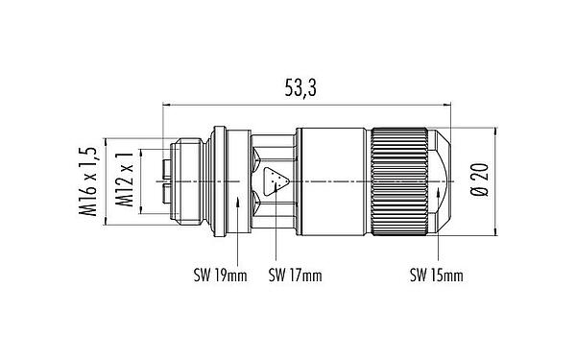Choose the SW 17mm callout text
pyautogui.click(x=294, y=276)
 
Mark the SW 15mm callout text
pyautogui.click(x=437, y=276)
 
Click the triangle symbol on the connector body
pyautogui.click(x=280, y=180)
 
